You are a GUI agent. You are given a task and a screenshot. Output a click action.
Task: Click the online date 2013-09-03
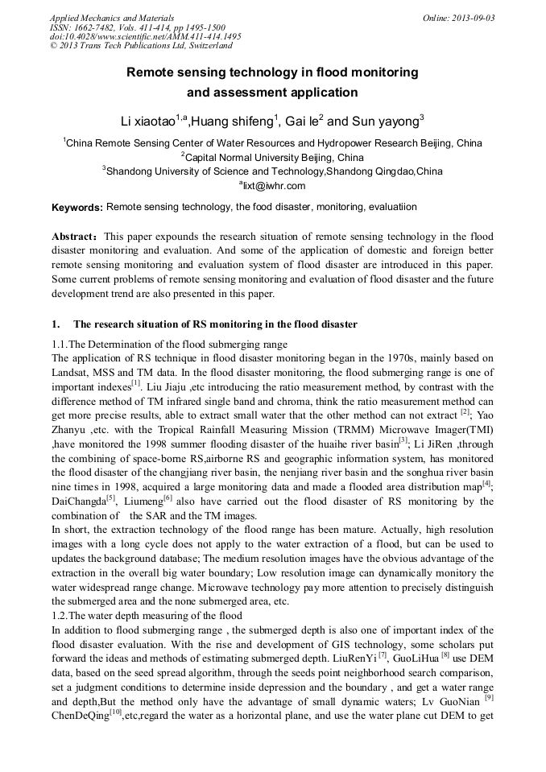pyautogui.click(x=473, y=18)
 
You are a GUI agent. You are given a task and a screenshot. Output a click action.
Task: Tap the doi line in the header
pyautogui.click(x=145, y=36)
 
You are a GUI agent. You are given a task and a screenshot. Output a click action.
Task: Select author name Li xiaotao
pyautogui.click(x=148, y=122)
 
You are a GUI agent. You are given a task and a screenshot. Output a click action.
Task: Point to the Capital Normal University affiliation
pyautogui.click(x=273, y=157)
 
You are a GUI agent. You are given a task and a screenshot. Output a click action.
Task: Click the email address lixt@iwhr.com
pyautogui.click(x=274, y=184)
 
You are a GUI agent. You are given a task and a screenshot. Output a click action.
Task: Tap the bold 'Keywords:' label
pyautogui.click(x=77, y=208)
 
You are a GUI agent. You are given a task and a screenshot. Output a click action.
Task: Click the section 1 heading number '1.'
pyautogui.click(x=56, y=324)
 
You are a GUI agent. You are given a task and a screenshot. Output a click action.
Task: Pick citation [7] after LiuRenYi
pyautogui.click(x=383, y=655)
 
